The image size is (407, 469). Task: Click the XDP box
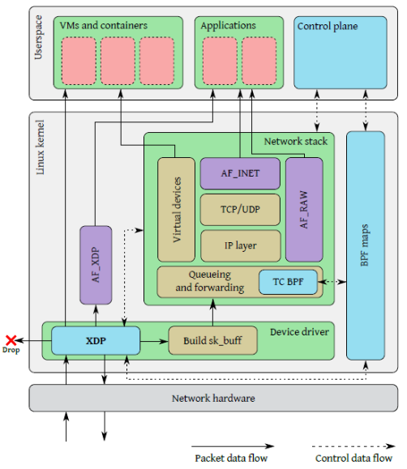click(96, 341)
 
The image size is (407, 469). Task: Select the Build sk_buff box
click(213, 341)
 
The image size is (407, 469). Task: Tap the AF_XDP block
click(96, 265)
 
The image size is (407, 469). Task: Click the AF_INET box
click(240, 173)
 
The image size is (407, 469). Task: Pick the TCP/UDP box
click(240, 210)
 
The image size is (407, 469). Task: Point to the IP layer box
click(241, 246)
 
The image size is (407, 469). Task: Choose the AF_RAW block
click(304, 210)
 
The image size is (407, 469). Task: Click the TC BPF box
click(288, 282)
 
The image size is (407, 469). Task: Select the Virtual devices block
click(177, 210)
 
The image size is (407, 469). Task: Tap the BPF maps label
click(365, 245)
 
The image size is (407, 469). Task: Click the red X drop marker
click(11, 340)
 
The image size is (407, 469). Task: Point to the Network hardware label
click(213, 399)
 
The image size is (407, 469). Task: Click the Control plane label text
click(328, 26)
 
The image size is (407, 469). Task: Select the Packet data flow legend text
click(231, 458)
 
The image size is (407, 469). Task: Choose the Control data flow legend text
click(353, 458)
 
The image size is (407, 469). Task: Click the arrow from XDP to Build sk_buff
click(154, 341)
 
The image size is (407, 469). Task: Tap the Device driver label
click(299, 332)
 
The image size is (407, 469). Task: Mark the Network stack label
click(296, 141)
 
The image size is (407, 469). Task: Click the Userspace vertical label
click(39, 37)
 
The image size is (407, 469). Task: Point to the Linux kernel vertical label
click(40, 147)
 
